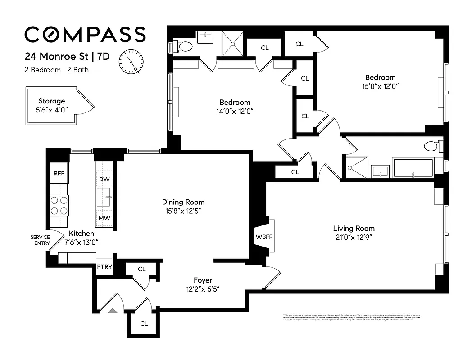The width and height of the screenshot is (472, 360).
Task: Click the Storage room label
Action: tap(51, 101)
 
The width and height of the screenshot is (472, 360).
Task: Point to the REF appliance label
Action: tap(59, 174)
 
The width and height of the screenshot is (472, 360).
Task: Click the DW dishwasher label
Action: tap(104, 179)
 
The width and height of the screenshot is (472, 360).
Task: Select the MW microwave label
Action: tap(104, 219)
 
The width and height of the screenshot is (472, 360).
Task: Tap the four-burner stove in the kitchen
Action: tap(59, 205)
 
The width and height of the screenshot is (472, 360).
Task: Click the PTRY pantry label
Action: tap(104, 267)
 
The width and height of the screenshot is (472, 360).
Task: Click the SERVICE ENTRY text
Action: tap(40, 240)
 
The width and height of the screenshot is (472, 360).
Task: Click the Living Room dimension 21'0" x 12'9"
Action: tap(351, 237)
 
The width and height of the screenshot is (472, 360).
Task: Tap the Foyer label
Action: tap(203, 280)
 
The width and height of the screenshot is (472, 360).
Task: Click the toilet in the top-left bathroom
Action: tap(185, 45)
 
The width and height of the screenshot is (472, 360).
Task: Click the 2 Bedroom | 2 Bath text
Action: tap(56, 70)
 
